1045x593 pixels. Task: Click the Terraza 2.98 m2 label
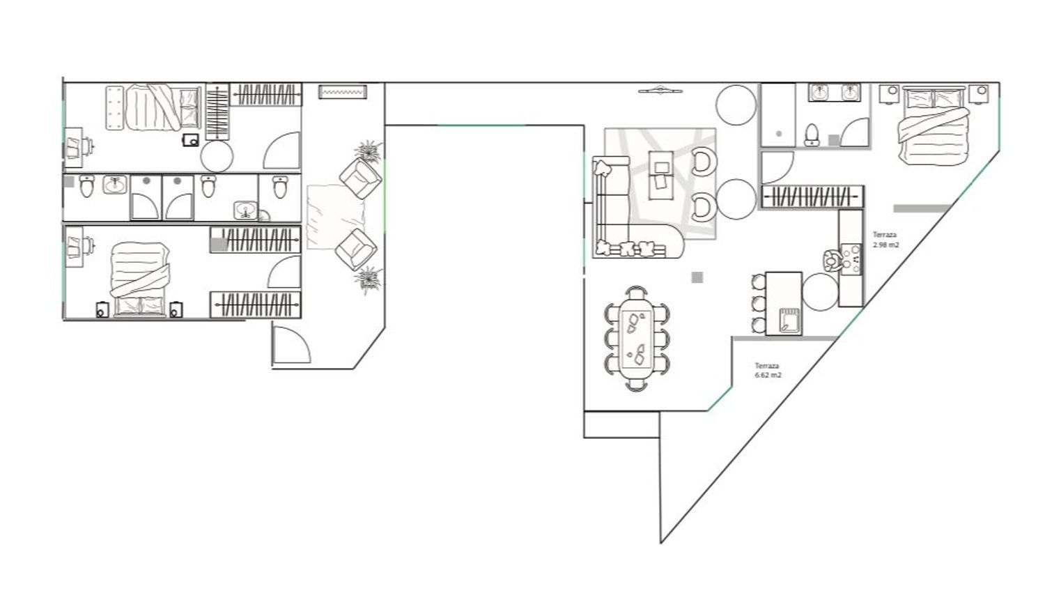(885, 240)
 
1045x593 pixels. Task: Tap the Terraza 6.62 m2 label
(768, 371)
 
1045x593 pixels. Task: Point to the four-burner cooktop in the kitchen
(852, 259)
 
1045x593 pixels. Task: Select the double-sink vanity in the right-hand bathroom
(835, 93)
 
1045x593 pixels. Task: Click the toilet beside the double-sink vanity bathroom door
(812, 135)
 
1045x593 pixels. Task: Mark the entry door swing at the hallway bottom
(292, 344)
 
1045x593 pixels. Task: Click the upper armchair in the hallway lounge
(361, 178)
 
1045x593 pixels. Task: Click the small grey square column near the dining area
(697, 277)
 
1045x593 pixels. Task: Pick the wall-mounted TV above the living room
(660, 91)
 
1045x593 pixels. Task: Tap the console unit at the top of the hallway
(343, 91)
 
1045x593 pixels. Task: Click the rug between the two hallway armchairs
(335, 217)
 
